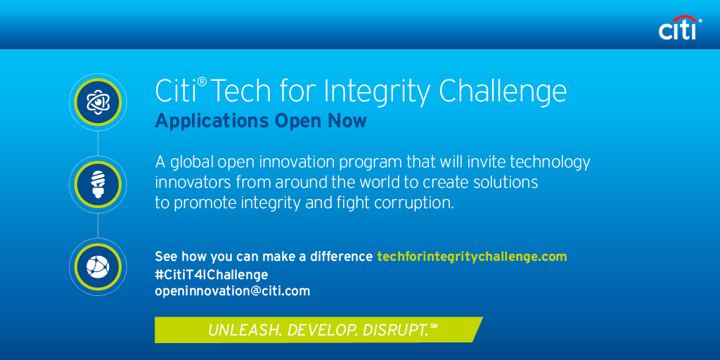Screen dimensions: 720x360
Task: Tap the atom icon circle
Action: pyautogui.click(x=98, y=102)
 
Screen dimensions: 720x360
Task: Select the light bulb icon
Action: pyautogui.click(x=98, y=184)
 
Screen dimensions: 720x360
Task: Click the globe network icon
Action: pyautogui.click(x=98, y=266)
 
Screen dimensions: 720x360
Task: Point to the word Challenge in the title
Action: pyautogui.click(x=503, y=93)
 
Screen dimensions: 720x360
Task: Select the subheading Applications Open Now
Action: pyautogui.click(x=261, y=121)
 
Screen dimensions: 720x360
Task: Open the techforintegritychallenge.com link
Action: pyautogui.click(x=472, y=257)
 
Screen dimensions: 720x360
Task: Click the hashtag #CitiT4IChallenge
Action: pyautogui.click(x=211, y=275)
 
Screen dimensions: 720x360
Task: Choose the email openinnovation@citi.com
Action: pyautogui.click(x=232, y=292)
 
